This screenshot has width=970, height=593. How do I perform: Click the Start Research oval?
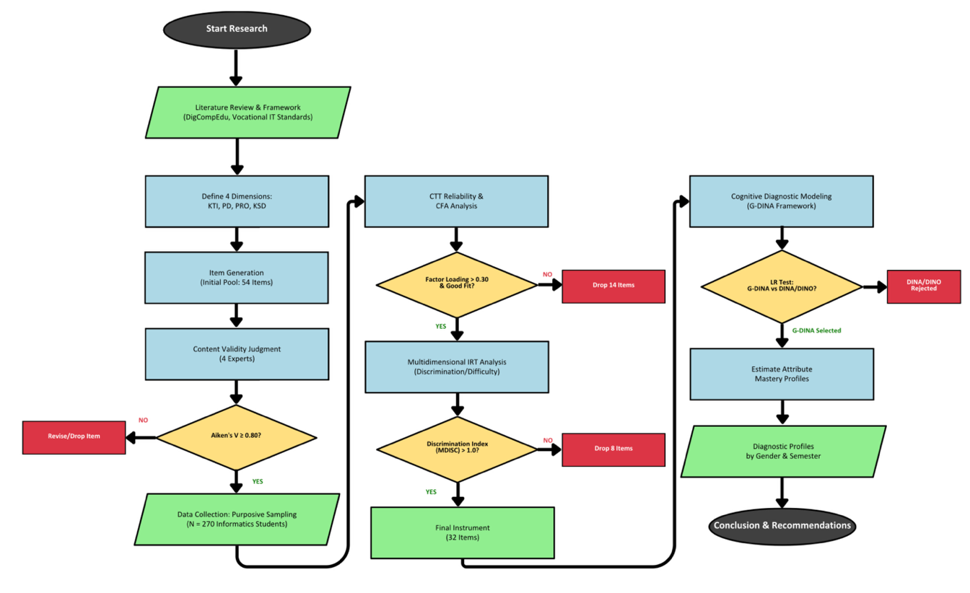click(x=237, y=29)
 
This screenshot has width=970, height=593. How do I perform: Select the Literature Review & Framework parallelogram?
click(x=248, y=112)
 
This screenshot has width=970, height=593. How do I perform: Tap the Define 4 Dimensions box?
click(x=237, y=201)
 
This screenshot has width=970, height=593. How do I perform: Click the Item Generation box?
click(x=237, y=278)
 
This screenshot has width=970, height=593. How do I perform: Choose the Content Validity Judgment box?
click(x=237, y=353)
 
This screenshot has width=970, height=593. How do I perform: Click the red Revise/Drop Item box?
click(x=74, y=437)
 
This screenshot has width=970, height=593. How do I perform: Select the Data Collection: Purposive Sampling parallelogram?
click(x=237, y=519)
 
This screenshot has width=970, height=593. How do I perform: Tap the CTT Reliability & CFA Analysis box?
click(x=456, y=201)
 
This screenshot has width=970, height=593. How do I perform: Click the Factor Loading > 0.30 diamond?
click(x=456, y=285)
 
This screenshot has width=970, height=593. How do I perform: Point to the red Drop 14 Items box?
click(x=613, y=286)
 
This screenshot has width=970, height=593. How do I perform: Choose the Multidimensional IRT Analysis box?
click(x=456, y=367)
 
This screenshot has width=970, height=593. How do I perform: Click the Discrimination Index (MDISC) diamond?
click(x=456, y=449)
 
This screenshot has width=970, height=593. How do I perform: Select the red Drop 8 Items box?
click(x=613, y=449)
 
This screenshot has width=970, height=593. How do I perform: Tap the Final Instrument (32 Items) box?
click(x=462, y=532)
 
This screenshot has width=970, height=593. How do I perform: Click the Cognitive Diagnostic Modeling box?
click(x=782, y=201)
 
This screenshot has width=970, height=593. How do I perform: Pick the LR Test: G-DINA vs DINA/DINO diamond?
click(x=782, y=287)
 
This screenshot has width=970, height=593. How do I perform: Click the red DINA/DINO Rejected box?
click(x=924, y=286)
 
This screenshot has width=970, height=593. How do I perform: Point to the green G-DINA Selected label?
click(x=816, y=330)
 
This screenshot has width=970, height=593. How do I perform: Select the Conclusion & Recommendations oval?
click(x=782, y=525)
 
